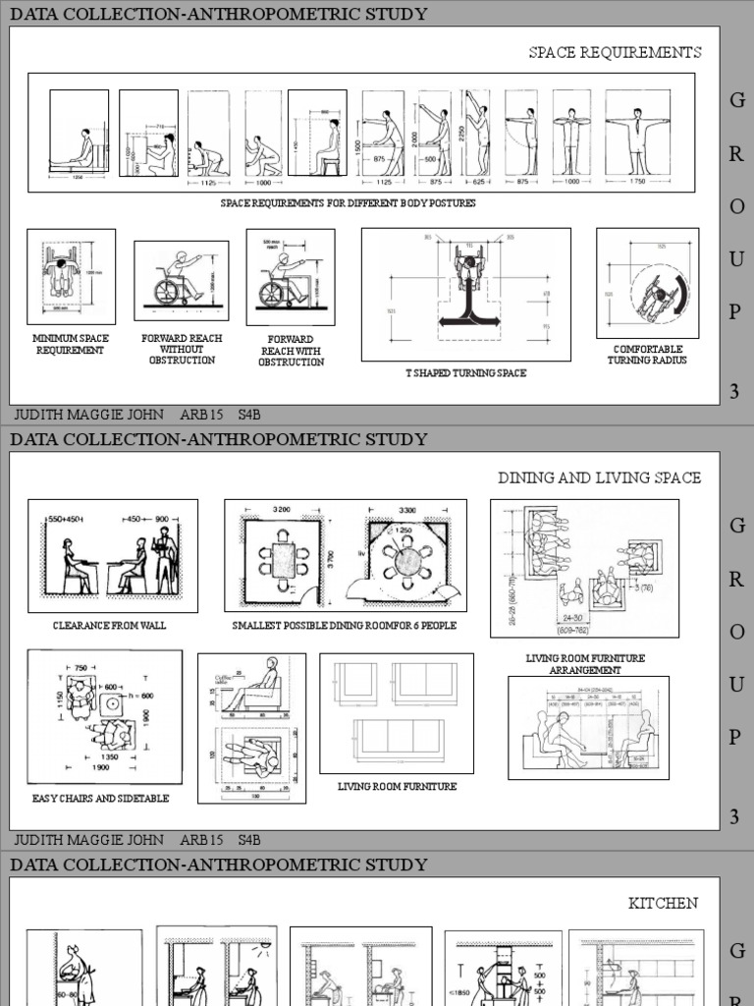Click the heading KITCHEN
[x=664, y=903]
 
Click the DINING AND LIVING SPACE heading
[x=599, y=477]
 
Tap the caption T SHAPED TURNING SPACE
[x=466, y=373]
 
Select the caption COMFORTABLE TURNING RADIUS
[x=647, y=355]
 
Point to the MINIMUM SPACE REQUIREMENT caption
[x=71, y=344]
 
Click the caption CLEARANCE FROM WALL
[x=110, y=625]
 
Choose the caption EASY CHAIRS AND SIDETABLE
[x=100, y=799]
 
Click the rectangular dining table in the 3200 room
[x=284, y=560]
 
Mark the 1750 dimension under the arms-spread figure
[x=637, y=182]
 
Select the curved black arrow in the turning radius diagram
[x=677, y=293]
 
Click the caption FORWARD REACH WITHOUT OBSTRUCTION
[x=182, y=350]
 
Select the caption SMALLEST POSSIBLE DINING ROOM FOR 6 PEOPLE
[x=345, y=625]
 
